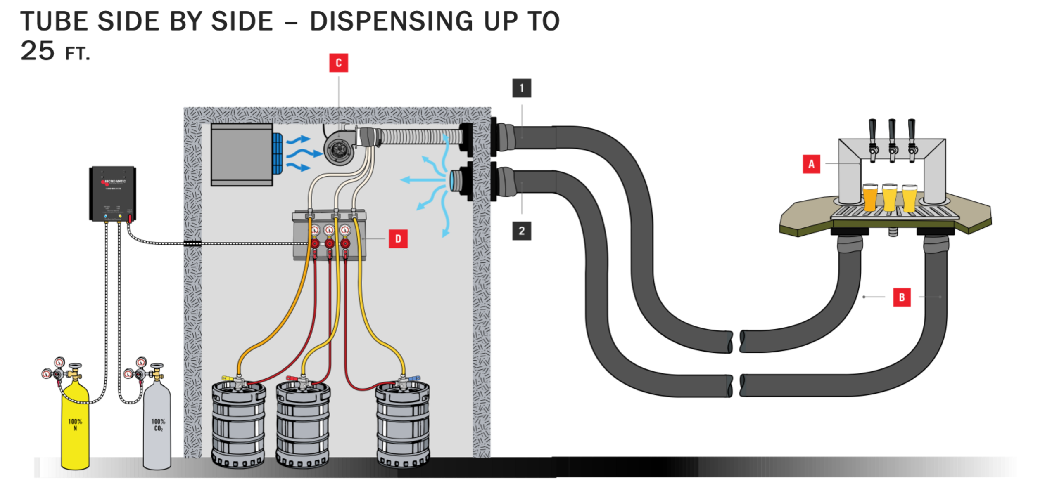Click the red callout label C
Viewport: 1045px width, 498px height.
coord(338,63)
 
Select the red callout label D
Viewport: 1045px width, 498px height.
coord(398,239)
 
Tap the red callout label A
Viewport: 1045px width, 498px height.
coord(811,164)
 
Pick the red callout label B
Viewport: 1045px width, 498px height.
coord(902,297)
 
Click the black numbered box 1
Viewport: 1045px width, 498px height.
coord(522,88)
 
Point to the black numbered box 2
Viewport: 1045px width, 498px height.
coord(522,231)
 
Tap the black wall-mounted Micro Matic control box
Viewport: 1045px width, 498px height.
coord(112,194)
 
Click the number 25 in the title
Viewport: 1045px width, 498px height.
coord(37,51)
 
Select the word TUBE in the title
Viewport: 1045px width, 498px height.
coord(54,21)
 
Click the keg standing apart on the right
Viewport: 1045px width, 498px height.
coord(403,425)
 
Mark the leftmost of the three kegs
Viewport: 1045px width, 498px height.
coord(239,425)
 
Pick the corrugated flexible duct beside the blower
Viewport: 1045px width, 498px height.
coord(421,137)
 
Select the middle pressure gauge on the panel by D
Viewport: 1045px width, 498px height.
coord(329,230)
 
